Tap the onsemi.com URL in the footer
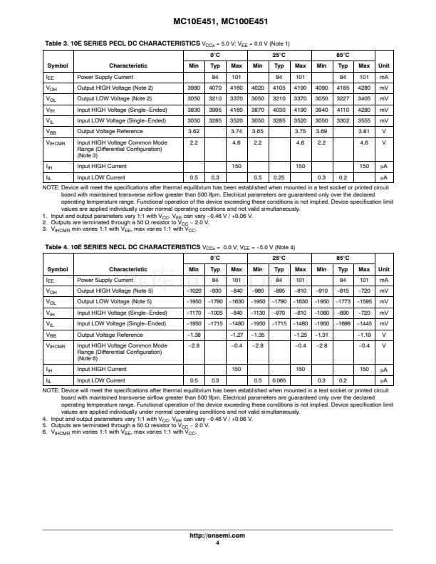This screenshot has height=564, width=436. click(x=217, y=535)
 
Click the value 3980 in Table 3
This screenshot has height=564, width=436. click(x=193, y=88)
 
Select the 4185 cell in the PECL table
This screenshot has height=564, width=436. click(x=343, y=88)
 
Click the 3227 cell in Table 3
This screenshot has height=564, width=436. click(x=343, y=99)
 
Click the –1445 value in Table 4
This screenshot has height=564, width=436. click(x=364, y=324)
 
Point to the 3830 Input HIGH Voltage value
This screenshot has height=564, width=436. click(x=193, y=110)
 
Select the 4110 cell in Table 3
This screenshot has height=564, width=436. click(x=343, y=110)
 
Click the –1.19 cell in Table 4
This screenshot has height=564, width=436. click(x=364, y=335)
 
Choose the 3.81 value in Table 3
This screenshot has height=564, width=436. click(x=364, y=132)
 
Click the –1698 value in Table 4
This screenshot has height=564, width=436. click(x=343, y=324)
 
